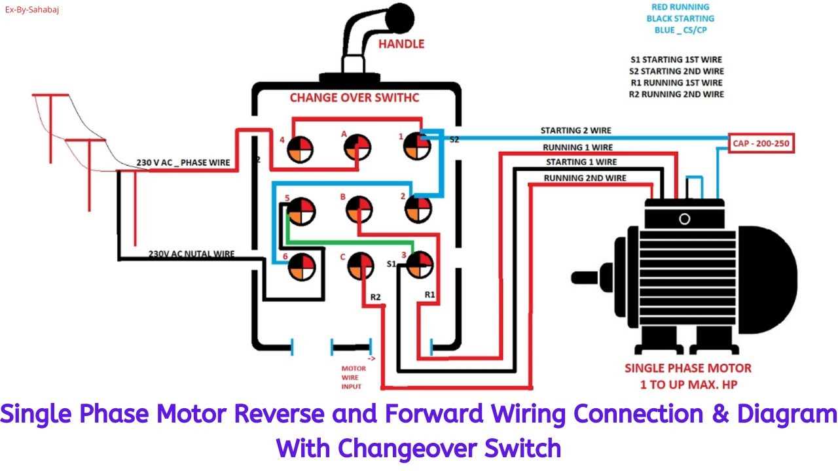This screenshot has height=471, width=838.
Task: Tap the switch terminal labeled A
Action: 357,147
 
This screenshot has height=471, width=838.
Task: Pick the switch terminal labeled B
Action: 358,211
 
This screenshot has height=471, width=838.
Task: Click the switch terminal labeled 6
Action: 302,266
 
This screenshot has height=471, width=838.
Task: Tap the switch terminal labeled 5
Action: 301,211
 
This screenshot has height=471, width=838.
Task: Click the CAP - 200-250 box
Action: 761,144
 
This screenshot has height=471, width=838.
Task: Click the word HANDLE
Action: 401,44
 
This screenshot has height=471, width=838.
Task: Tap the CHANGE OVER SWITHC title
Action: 354,98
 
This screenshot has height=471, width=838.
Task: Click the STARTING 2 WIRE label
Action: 575,131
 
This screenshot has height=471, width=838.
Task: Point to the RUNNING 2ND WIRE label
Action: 585,178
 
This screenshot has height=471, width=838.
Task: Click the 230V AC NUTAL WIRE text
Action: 191,254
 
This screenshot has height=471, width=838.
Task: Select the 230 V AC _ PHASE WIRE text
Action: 183,162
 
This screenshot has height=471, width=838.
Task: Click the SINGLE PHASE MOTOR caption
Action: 687,368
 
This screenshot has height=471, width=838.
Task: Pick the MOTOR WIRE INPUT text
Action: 354,377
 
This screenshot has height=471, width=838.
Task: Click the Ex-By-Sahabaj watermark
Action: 32,10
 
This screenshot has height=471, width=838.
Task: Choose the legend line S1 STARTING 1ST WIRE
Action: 676,60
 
